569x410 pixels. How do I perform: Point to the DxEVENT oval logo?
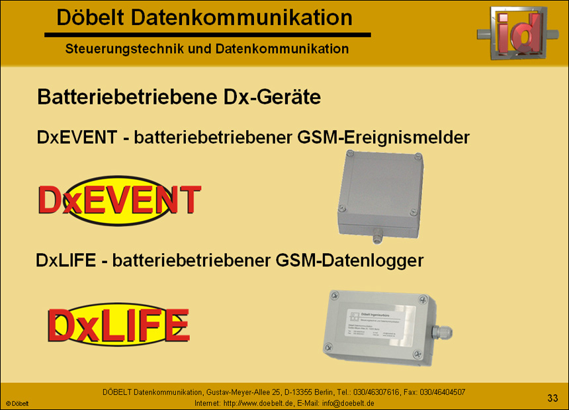pos(120,200)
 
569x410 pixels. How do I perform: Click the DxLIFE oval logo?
pos(118,323)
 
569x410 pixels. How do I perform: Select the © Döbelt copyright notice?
pos(18,403)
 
